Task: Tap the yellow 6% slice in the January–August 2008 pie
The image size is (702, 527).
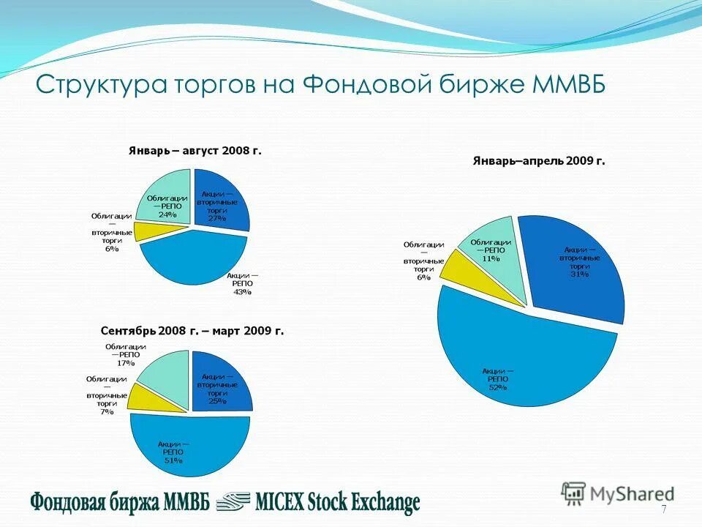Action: pyautogui.click(x=149, y=231)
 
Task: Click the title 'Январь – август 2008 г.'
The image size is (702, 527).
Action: pyautogui.click(x=195, y=151)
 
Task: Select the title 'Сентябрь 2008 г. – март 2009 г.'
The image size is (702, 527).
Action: pyautogui.click(x=192, y=331)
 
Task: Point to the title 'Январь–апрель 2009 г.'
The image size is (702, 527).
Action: pyautogui.click(x=539, y=161)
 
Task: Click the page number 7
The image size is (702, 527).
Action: pyautogui.click(x=664, y=509)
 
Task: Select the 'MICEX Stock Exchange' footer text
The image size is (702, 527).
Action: pyautogui.click(x=337, y=502)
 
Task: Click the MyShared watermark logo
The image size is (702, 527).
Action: pyautogui.click(x=618, y=494)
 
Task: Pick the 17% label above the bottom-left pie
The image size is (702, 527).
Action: pyautogui.click(x=125, y=362)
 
